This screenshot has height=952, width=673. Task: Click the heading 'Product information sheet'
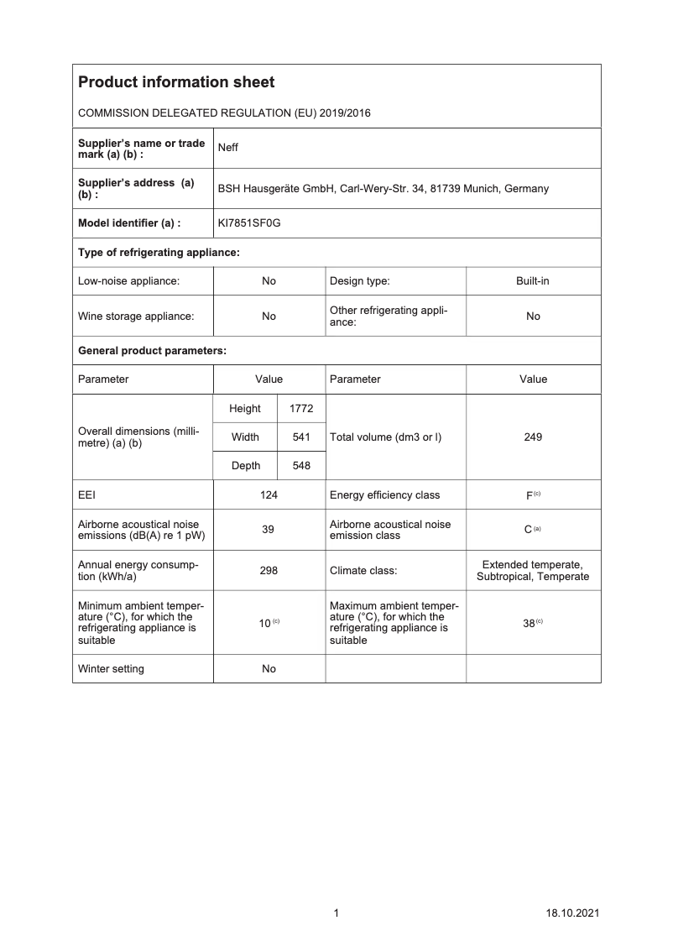pyautogui.click(x=175, y=82)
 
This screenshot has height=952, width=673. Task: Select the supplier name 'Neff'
pyautogui.click(x=227, y=148)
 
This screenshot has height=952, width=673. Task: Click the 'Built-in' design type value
pyautogui.click(x=533, y=281)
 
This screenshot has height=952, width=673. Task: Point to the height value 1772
pyautogui.click(x=300, y=409)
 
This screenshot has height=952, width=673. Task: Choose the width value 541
pyautogui.click(x=300, y=437)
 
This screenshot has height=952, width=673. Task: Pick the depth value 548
pyautogui.click(x=300, y=466)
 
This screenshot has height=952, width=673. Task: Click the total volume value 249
pyautogui.click(x=533, y=437)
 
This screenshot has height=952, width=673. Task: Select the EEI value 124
pyautogui.click(x=269, y=495)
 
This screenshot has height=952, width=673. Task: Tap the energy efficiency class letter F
pyautogui.click(x=530, y=496)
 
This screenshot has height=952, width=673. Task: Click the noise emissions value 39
pyautogui.click(x=269, y=530)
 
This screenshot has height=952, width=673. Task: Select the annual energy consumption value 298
pyautogui.click(x=269, y=570)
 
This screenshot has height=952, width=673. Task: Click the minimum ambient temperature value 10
pyautogui.click(x=264, y=623)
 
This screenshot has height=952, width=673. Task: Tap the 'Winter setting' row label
pyautogui.click(x=111, y=669)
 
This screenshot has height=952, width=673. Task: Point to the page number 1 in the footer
pyautogui.click(x=336, y=913)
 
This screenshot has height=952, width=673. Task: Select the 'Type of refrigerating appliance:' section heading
pyautogui.click(x=159, y=253)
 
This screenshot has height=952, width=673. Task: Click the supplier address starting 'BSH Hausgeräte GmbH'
pyautogui.click(x=383, y=189)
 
